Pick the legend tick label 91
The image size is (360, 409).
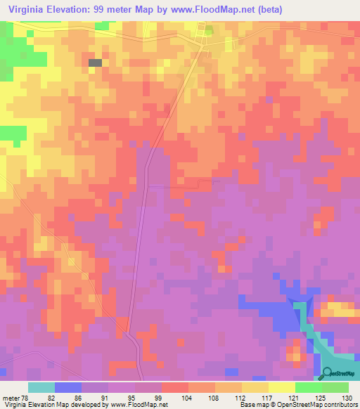[x=105, y=397]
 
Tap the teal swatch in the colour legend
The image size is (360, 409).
[x=41, y=387]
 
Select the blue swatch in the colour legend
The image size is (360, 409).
[x=68, y=387]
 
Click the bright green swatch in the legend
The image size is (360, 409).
[x=309, y=387]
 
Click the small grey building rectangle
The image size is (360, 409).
[x=95, y=63]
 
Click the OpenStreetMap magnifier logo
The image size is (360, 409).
[x=328, y=373]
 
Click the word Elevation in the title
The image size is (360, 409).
[x=77, y=9]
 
